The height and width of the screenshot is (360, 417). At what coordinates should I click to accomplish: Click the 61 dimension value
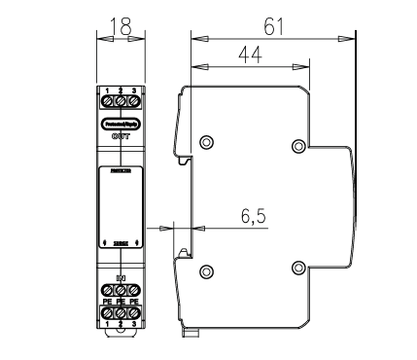pyautogui.click(x=274, y=25)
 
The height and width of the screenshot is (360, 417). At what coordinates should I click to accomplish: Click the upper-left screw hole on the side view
pyautogui.click(x=205, y=143)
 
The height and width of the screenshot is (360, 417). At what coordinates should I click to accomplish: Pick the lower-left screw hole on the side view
pyautogui.click(x=205, y=269)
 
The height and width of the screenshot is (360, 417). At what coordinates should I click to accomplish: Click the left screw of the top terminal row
pyautogui.click(x=107, y=99)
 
